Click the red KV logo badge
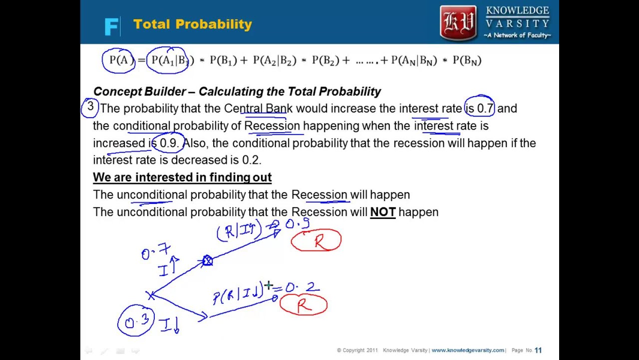(x=458, y=22)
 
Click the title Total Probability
(x=192, y=24)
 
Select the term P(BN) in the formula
(x=467, y=60)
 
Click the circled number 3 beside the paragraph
(x=90, y=107)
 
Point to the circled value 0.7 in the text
(x=480, y=108)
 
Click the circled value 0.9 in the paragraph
(x=168, y=143)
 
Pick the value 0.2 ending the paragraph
(x=252, y=160)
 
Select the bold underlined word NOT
(x=382, y=212)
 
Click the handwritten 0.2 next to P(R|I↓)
(x=302, y=287)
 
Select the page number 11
(x=538, y=350)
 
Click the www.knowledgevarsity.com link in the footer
(x=468, y=350)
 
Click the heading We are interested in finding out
(x=182, y=177)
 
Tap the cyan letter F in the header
(x=111, y=26)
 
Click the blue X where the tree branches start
(x=150, y=295)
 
